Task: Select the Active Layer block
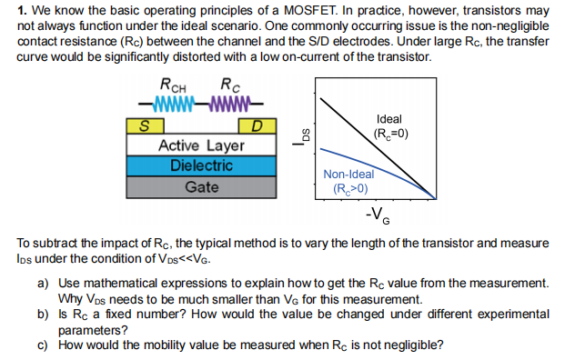(x=200, y=145)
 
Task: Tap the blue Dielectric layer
(x=200, y=166)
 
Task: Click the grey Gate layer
(x=200, y=186)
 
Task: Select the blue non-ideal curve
(x=364, y=162)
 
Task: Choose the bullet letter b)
(x=43, y=314)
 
